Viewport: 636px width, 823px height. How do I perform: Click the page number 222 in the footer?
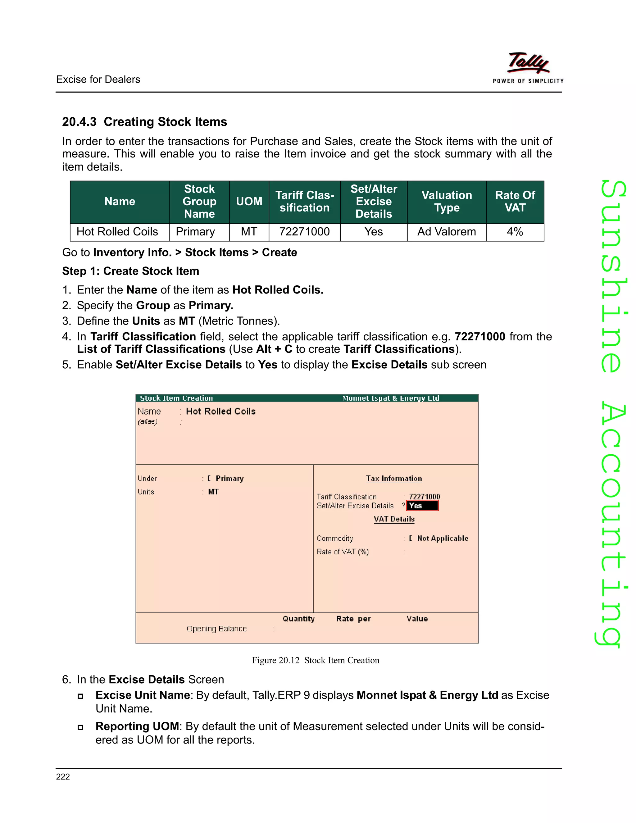pyautogui.click(x=63, y=777)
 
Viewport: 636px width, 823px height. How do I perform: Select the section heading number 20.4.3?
pyautogui.click(x=79, y=122)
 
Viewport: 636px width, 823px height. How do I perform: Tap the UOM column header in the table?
pyautogui.click(x=249, y=202)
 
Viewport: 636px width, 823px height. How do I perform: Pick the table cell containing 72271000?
pyautogui.click(x=304, y=232)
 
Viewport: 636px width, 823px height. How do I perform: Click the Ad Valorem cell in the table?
pyautogui.click(x=447, y=232)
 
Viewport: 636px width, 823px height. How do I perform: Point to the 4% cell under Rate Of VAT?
pyautogui.click(x=515, y=232)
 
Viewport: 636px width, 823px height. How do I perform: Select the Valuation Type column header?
pyautogui.click(x=447, y=202)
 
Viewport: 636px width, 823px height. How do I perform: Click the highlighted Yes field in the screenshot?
pyautogui.click(x=422, y=506)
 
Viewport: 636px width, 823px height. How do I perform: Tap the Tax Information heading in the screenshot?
pyautogui.click(x=394, y=479)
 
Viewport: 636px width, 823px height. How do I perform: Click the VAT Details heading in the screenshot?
pyautogui.click(x=394, y=519)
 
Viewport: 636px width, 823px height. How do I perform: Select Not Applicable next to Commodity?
pyautogui.click(x=442, y=539)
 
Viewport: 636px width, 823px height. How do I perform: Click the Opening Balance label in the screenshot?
pyautogui.click(x=216, y=629)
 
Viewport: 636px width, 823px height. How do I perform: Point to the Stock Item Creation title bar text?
pyautogui.click(x=176, y=398)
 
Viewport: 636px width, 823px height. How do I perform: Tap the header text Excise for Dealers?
pyautogui.click(x=98, y=80)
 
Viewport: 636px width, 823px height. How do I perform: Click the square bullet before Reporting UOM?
pyautogui.click(x=80, y=727)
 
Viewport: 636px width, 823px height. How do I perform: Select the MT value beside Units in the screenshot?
pyautogui.click(x=213, y=492)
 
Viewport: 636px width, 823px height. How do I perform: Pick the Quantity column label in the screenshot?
pyautogui.click(x=298, y=619)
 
